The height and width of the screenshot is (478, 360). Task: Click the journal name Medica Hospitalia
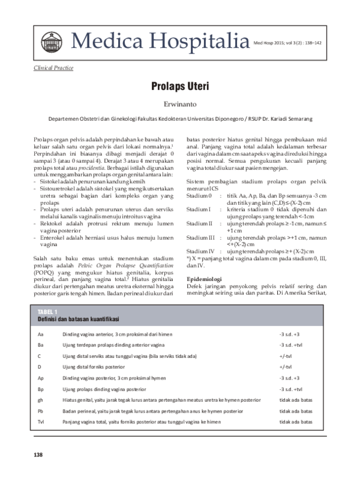160,41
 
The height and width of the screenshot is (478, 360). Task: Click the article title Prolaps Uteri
180,86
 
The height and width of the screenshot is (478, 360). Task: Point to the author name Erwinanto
180,104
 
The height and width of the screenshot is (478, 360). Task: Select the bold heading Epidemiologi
205,279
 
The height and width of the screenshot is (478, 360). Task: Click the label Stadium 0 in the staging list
199,196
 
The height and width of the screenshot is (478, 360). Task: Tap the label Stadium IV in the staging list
200,251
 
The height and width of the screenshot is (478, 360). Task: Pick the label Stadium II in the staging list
200,223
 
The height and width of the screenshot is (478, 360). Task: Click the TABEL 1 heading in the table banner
47,312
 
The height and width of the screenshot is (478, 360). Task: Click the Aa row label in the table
40,334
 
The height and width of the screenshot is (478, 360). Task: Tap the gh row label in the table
40,400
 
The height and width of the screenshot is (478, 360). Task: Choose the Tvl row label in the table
41,422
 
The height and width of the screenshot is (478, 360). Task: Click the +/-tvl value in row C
285,356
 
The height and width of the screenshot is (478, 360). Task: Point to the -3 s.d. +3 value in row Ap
289,378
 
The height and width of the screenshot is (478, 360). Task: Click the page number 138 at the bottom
38,454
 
